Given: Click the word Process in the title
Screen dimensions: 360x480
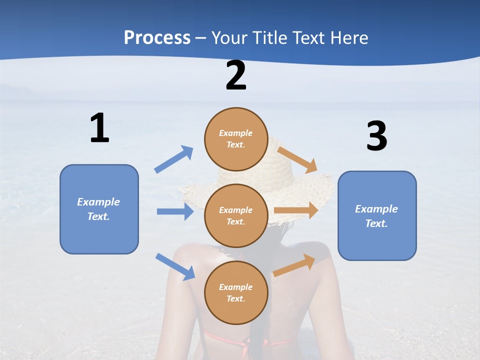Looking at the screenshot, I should [x=157, y=38].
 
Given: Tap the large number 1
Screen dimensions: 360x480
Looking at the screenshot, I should [x=99, y=128].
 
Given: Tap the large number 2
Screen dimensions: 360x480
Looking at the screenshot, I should [x=236, y=76].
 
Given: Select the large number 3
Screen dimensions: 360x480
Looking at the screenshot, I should [x=376, y=136].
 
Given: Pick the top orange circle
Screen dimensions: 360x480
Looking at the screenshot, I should [x=236, y=139].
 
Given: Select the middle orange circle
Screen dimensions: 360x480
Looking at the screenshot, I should [x=236, y=215].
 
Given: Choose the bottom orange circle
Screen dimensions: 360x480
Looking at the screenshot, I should [x=236, y=292].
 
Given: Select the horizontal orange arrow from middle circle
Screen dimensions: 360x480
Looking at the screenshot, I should [x=296, y=210].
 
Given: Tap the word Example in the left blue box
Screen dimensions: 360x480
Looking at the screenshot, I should [x=98, y=202].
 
